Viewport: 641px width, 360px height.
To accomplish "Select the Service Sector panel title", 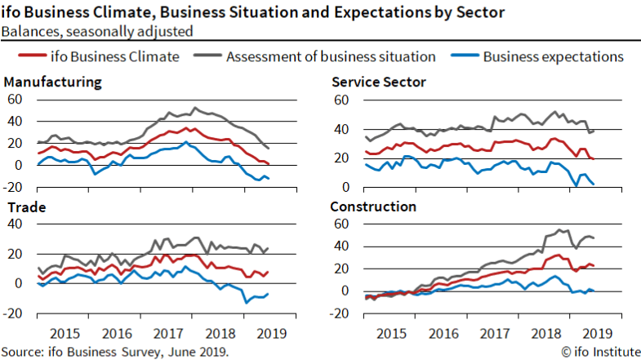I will pos(379,82).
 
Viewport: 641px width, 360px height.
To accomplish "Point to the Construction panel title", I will pos(373,207).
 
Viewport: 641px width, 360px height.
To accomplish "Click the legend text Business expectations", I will pos(553,56).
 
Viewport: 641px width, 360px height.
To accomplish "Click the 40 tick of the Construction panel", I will pos(344,246).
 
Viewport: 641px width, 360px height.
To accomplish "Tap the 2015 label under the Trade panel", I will pos(65,334).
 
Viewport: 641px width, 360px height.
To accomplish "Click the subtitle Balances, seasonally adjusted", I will pos(97,32).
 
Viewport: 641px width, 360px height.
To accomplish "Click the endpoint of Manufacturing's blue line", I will pos(269,178).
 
